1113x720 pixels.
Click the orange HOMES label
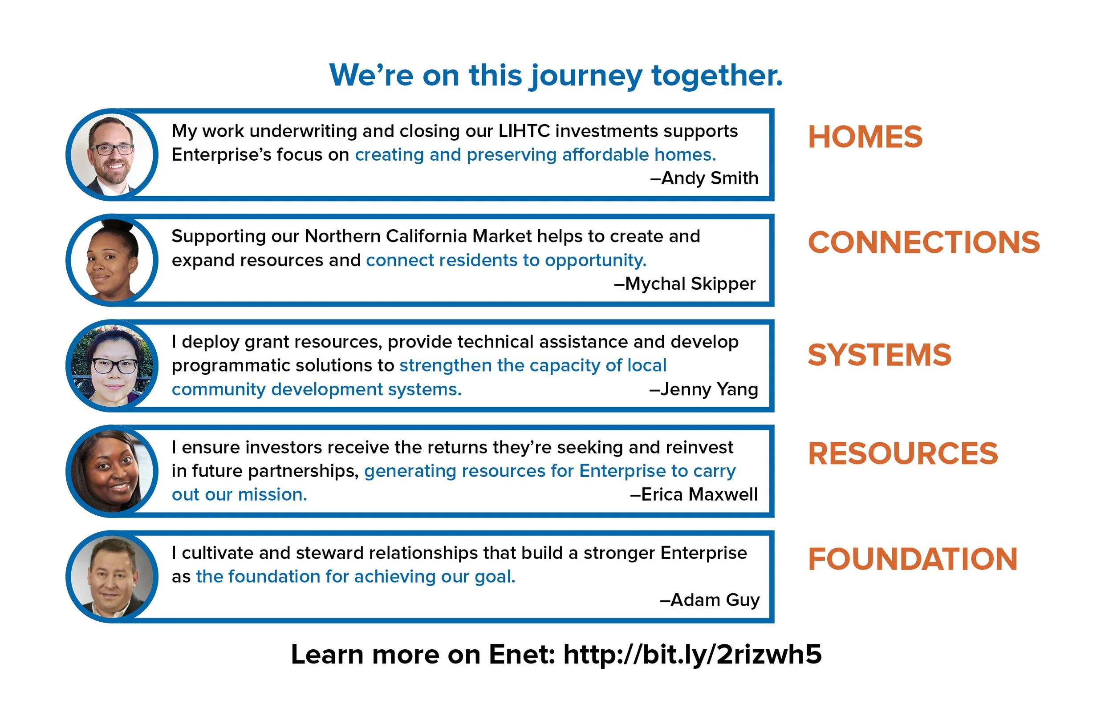(865, 137)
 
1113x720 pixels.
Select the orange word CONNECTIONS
(924, 242)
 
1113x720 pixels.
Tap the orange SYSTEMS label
(879, 355)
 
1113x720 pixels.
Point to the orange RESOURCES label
(902, 453)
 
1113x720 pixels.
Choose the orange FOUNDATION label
(912, 559)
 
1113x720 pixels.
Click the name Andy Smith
(709, 178)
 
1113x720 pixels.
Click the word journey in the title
(586, 76)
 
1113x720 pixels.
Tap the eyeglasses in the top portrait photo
(112, 150)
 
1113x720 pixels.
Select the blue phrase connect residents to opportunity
(506, 260)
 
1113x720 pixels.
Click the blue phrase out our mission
(240, 494)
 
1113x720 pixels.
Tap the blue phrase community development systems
(317, 389)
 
